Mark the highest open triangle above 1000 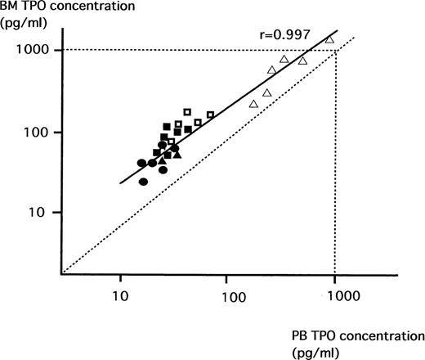pyautogui.click(x=329, y=39)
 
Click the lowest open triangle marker pyautogui.click(x=253, y=104)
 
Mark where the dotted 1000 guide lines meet pyautogui.click(x=335, y=51)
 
